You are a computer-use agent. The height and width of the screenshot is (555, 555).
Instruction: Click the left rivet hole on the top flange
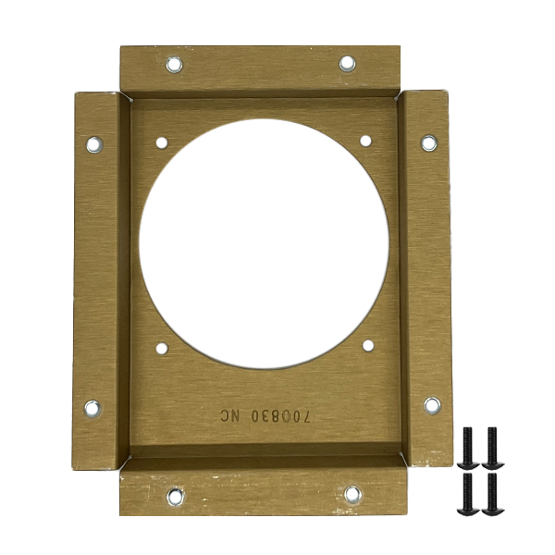[x=174, y=65]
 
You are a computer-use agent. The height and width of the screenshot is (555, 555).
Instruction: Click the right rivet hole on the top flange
[x=347, y=64]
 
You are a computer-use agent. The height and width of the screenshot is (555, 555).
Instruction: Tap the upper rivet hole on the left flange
[x=94, y=145]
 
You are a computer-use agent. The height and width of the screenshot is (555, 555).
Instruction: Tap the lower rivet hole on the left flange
[x=92, y=409]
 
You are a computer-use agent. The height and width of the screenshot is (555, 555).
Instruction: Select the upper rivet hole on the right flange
[x=429, y=143]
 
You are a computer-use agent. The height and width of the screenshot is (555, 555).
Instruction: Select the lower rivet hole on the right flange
[x=432, y=406]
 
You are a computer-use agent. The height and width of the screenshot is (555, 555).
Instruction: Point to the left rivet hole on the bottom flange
[x=176, y=497]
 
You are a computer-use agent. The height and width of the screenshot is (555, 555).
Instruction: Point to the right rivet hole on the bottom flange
[x=353, y=495]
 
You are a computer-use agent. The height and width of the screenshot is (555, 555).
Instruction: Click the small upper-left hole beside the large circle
[x=162, y=143]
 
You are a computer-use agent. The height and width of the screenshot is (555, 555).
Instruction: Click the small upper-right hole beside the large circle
[x=365, y=141]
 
